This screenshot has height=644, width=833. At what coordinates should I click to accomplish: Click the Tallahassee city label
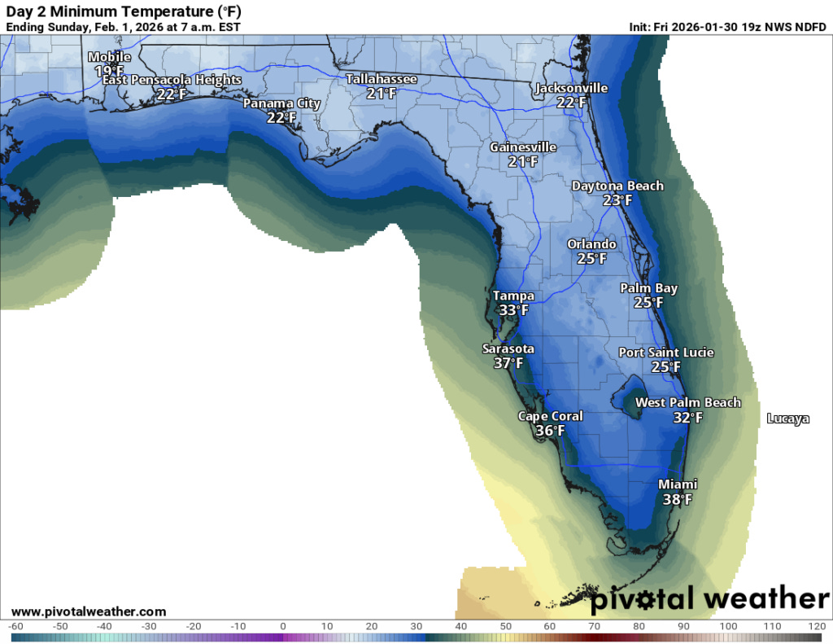click(x=381, y=79)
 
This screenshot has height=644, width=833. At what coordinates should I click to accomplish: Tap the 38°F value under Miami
click(x=677, y=500)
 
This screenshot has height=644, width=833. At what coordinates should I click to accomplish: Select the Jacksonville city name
click(x=571, y=88)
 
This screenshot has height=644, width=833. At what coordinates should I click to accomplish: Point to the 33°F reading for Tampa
click(x=513, y=310)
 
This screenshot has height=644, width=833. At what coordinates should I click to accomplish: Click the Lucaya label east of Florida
click(x=787, y=418)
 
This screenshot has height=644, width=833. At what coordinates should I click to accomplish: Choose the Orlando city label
click(x=591, y=244)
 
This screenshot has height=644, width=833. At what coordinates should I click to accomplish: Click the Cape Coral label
click(x=550, y=416)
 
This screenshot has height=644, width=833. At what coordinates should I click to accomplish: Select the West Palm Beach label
click(x=687, y=402)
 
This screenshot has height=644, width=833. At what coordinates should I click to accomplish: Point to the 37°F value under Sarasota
click(x=508, y=363)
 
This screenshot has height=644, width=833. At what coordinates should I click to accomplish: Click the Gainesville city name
click(x=523, y=147)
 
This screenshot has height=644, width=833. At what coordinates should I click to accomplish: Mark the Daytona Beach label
click(x=617, y=186)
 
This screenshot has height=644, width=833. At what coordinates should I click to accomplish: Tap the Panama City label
click(x=281, y=103)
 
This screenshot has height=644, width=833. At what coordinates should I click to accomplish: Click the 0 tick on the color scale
click(x=282, y=626)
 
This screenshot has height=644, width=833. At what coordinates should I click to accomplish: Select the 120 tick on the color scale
click(x=817, y=626)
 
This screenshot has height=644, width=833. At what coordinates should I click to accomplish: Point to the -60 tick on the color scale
click(x=15, y=626)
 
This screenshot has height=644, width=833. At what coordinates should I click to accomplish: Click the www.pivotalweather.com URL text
click(x=89, y=611)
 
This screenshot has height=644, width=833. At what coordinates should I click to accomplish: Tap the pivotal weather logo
click(x=709, y=599)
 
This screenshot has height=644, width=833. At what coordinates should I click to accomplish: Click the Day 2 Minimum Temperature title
click(x=123, y=11)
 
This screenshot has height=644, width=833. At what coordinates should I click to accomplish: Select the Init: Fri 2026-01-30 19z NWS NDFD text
click(x=727, y=26)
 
